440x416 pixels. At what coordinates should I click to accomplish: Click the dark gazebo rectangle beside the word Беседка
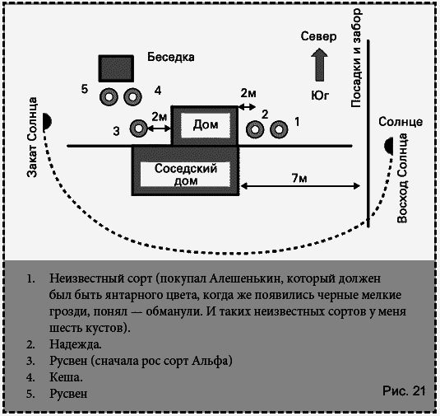coord(116,68)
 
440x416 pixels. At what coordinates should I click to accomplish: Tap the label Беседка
coord(170,58)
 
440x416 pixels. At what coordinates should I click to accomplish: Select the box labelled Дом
coord(204,125)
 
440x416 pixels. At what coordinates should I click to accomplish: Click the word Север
coord(318,37)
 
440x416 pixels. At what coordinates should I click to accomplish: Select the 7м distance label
coord(300,179)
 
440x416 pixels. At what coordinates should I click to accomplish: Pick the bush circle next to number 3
coord(139,129)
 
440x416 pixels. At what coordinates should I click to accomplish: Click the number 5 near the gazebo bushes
coord(85,88)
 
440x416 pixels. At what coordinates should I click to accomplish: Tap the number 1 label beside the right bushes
coord(297,120)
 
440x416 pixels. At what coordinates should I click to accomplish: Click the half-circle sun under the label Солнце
coord(388,147)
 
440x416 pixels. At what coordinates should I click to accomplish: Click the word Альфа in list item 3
coord(215,361)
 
